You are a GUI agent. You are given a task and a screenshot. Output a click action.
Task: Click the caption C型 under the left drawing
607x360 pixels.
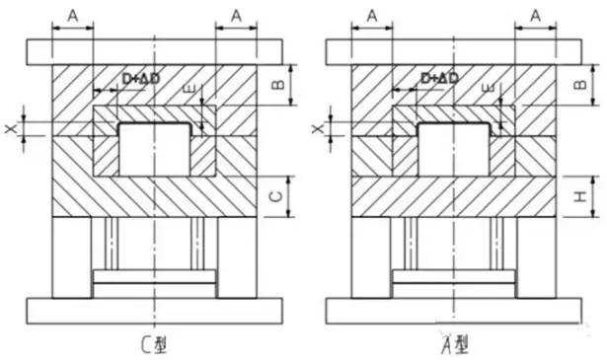point(155,344)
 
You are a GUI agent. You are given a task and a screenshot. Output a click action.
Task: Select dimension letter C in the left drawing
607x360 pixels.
point(279,196)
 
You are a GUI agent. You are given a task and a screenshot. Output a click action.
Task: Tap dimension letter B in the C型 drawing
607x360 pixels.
point(279,87)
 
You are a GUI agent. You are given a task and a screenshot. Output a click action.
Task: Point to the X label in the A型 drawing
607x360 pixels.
point(318,127)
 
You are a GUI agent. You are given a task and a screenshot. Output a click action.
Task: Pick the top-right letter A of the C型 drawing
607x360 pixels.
point(235,15)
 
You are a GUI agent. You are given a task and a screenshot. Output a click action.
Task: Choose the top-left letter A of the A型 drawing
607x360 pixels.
point(371,15)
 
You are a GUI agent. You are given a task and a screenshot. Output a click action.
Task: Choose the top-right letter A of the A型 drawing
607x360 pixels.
point(535,15)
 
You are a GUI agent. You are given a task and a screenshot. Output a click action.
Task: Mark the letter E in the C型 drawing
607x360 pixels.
point(188,91)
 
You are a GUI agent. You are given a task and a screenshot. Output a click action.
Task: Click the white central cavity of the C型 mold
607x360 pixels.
point(155,152)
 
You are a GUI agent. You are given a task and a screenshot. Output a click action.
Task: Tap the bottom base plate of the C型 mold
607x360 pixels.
point(155,311)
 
